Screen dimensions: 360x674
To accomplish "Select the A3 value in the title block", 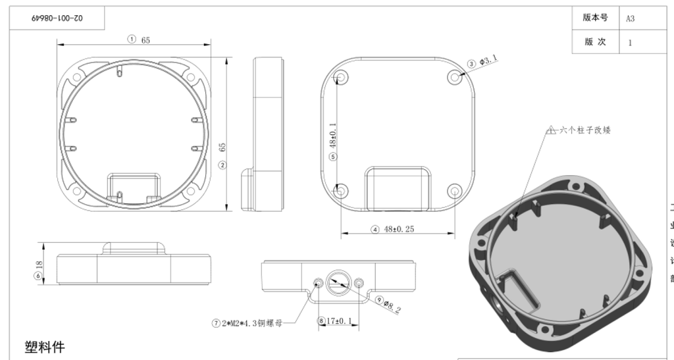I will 631,18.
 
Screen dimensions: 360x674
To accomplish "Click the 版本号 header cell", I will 595,18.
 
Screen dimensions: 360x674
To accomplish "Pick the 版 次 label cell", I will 595,41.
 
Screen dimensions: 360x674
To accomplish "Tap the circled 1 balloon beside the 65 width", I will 132,39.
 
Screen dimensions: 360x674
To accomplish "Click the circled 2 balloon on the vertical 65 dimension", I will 222,165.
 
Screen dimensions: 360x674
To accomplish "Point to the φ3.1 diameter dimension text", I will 488,61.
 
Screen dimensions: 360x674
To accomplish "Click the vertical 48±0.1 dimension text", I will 332,135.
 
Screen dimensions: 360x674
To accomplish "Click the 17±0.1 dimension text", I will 340,321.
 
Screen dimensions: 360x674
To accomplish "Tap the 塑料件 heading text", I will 45,347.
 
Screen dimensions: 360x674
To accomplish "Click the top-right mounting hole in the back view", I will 455,77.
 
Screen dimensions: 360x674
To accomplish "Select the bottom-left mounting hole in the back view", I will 340,192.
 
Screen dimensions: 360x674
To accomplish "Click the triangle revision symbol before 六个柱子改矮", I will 552,130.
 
